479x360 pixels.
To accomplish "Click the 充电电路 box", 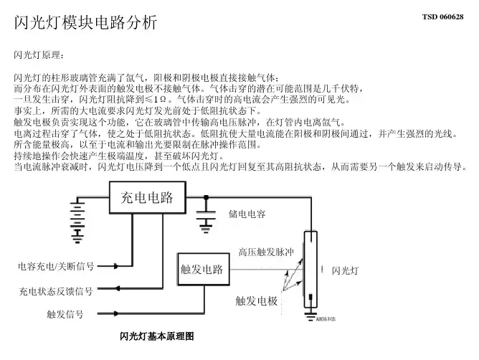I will (146, 198).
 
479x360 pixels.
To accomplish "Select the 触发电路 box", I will (201, 270).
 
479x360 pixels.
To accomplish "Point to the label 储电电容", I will (247, 214).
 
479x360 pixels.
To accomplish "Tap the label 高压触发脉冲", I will (266, 252).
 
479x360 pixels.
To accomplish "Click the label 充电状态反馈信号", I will (55, 291).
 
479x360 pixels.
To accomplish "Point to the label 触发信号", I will (65, 313).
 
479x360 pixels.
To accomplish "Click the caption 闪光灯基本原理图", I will (156, 336).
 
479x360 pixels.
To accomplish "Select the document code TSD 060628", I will (442, 16).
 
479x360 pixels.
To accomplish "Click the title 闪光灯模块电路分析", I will (85, 23).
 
